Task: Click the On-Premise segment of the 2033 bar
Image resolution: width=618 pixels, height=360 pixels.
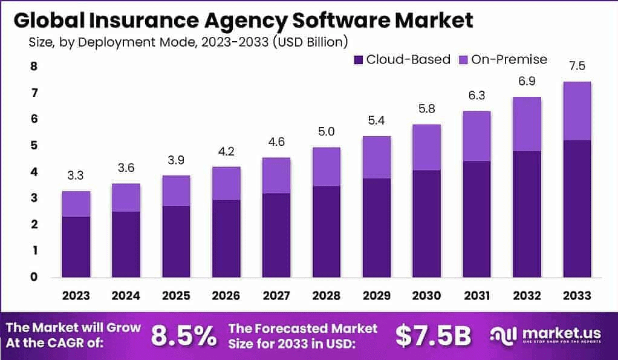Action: click(577, 111)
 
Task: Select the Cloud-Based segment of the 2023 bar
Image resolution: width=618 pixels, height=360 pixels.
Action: click(76, 246)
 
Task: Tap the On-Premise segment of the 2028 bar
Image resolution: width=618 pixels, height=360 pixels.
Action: click(327, 166)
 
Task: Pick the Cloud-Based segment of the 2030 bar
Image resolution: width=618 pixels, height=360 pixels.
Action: click(426, 223)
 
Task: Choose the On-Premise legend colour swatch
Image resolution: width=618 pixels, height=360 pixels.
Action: click(464, 59)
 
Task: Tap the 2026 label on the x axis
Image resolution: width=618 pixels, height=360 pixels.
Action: click(226, 296)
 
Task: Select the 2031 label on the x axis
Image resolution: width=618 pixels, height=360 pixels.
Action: click(477, 296)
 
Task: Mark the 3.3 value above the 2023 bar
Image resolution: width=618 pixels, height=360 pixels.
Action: click(76, 175)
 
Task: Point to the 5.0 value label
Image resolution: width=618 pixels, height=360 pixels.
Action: click(327, 131)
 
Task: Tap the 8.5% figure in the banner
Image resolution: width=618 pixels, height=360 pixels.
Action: click(183, 336)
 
